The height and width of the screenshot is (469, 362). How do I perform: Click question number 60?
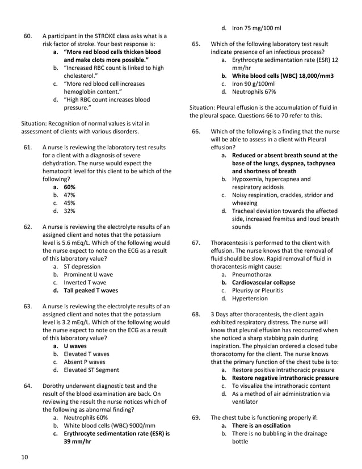click(x=27, y=36)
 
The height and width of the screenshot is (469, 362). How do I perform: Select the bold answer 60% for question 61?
click(x=69, y=187)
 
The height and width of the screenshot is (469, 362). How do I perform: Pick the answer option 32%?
click(x=69, y=211)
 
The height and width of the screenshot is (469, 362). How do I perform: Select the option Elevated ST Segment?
click(x=91, y=370)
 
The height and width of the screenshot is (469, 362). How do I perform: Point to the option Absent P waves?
click(x=85, y=362)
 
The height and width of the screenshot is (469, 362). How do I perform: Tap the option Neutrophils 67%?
click(x=254, y=91)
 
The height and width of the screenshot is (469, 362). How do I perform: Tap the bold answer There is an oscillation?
click(x=261, y=425)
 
